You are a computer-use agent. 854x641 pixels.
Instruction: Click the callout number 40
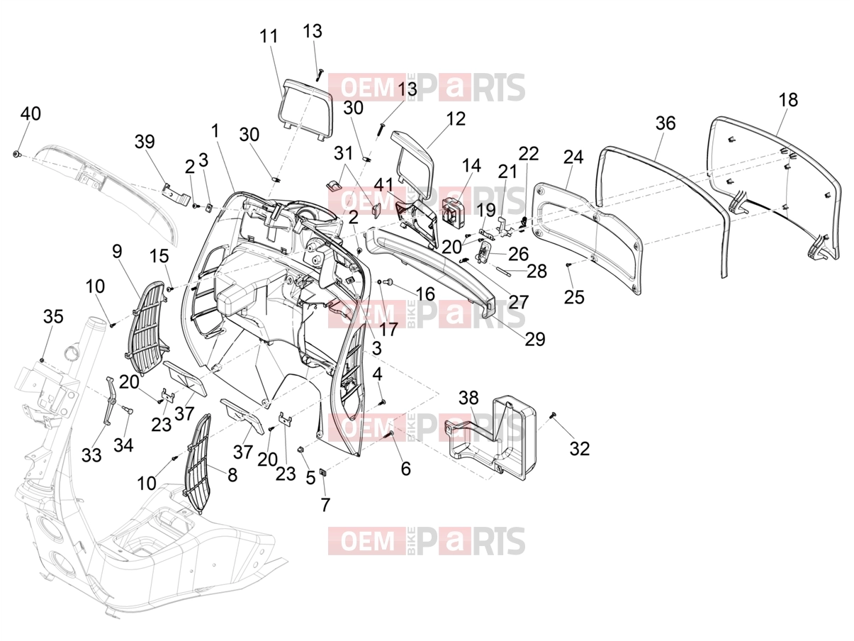click(x=30, y=114)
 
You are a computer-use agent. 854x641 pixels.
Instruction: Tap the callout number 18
click(x=788, y=100)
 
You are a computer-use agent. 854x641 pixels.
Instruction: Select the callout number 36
click(x=665, y=123)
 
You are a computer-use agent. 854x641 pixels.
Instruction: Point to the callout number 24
click(x=573, y=157)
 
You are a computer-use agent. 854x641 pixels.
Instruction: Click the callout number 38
click(x=468, y=398)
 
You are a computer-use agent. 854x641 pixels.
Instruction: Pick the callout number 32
click(x=579, y=448)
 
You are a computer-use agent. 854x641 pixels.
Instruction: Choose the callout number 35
click(x=53, y=316)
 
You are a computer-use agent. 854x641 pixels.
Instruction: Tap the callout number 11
click(x=269, y=37)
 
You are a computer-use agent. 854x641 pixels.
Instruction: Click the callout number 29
click(x=535, y=340)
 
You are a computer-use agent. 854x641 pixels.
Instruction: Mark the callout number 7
click(x=325, y=505)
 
